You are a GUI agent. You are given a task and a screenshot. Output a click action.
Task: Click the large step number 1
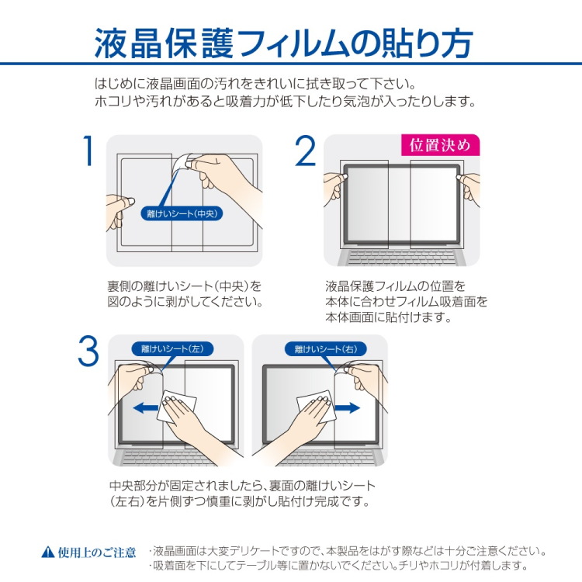click(88, 151)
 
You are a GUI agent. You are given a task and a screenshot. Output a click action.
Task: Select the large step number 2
click(306, 151)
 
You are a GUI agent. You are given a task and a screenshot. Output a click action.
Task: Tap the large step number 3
click(88, 352)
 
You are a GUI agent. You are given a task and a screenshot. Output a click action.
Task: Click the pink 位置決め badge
click(440, 145)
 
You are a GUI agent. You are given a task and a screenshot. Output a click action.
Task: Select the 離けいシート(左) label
click(171, 349)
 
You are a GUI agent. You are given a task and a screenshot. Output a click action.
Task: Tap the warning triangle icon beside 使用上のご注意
click(47, 553)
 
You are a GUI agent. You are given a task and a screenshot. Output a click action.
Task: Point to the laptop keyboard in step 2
click(401, 256)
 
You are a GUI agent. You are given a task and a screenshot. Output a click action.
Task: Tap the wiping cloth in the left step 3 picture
click(178, 407)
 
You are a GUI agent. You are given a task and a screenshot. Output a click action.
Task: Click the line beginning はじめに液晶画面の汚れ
click(255, 84)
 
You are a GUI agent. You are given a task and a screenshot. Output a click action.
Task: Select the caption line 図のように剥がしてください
click(185, 302)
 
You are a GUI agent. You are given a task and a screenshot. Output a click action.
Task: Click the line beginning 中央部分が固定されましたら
click(242, 486)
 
